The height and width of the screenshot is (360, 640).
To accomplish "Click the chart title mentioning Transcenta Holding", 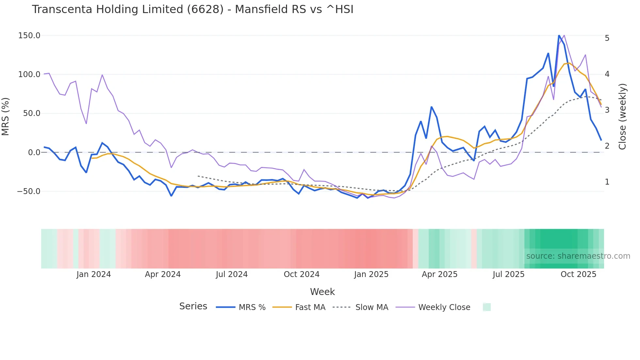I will tap(193, 9).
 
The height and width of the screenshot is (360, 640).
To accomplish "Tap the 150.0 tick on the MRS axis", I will tap(29, 36).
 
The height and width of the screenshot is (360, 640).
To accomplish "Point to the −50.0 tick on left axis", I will tap(28, 191).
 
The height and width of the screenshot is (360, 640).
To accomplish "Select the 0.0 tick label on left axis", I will tap(34, 153).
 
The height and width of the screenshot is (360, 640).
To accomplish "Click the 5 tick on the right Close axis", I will tap(607, 38).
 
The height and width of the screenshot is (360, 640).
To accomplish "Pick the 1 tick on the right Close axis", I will tap(607, 182).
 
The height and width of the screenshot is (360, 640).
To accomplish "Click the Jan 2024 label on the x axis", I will tap(94, 274).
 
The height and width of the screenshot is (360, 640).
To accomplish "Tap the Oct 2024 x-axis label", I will tap(301, 274).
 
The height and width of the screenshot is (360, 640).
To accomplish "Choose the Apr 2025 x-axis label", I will tap(440, 274).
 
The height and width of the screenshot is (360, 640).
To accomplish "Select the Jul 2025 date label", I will tap(508, 274).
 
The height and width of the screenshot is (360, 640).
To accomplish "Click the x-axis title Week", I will tap(322, 292).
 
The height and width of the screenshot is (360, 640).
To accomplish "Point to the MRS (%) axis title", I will tap(6, 117).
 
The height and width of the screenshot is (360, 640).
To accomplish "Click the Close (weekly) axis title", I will tap(622, 117).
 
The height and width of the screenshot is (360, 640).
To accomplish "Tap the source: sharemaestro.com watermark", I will tap(578, 256).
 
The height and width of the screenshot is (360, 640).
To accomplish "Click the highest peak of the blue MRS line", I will tap(559, 36).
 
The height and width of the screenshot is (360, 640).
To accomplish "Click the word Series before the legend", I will tap(193, 306).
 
